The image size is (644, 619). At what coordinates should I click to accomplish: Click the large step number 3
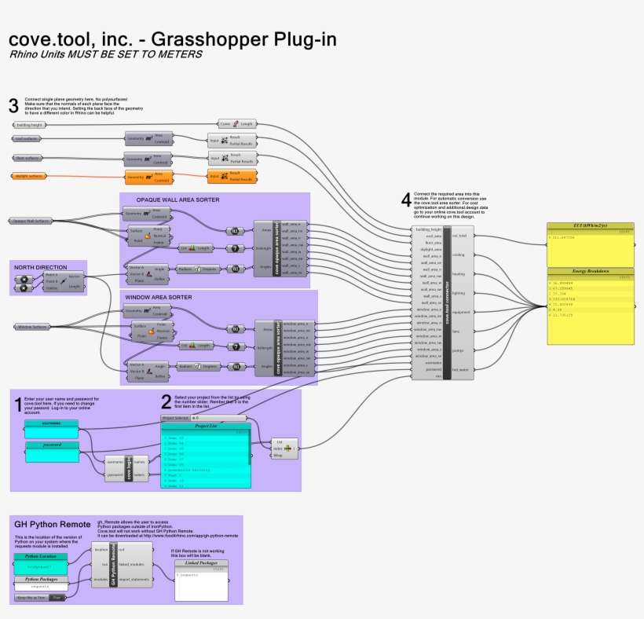pos(13,105)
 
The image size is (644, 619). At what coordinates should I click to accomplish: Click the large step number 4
pos(405,200)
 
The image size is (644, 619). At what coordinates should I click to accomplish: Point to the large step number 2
pos(166,402)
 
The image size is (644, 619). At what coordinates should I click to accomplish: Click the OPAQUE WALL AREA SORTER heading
pos(177,200)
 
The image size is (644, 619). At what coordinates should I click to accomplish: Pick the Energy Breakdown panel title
pos(591,271)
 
